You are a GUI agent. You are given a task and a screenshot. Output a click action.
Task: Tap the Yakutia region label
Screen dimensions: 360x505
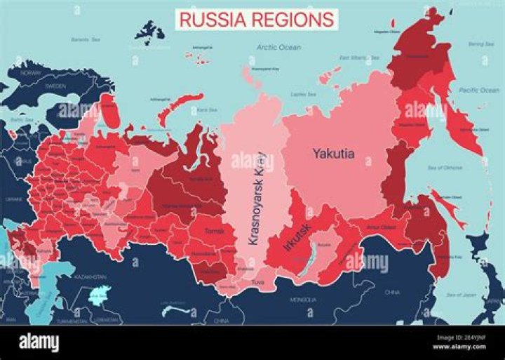point(333,153)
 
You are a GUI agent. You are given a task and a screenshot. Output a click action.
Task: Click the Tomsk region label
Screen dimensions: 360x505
point(213,230)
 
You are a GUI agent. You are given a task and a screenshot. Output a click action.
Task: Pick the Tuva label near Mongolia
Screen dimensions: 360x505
point(259,283)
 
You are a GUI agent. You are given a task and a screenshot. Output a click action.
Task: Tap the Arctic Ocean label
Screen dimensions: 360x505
point(278,47)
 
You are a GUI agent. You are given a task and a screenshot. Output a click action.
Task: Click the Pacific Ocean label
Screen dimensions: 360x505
point(478,90)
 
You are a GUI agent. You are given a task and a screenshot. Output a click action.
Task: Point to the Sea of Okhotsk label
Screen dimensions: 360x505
point(445,168)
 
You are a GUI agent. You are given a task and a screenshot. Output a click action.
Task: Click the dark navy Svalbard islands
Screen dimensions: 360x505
point(149,31)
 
